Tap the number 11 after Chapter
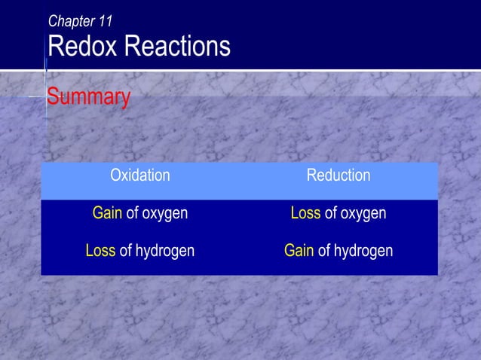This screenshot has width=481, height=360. pyautogui.click(x=106, y=20)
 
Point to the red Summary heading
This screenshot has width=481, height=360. pyautogui.click(x=89, y=97)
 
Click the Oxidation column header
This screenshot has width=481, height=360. pyautogui.click(x=140, y=175)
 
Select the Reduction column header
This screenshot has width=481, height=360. pyautogui.click(x=338, y=175)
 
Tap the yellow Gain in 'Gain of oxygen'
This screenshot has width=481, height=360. pyautogui.click(x=107, y=213)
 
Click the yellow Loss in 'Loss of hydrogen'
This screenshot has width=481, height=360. pyautogui.click(x=100, y=250)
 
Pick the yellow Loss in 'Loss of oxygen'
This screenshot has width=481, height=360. pyautogui.click(x=305, y=213)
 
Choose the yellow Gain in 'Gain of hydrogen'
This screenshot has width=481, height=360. pyautogui.click(x=299, y=250)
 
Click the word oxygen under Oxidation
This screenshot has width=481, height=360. pyautogui.click(x=164, y=214)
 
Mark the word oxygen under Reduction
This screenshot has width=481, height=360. pyautogui.click(x=363, y=214)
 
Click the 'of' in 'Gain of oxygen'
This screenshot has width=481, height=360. pyautogui.click(x=132, y=213)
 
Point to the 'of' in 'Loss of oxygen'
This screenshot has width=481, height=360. pyautogui.click(x=330, y=213)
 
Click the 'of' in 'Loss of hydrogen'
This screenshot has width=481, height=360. pyautogui.click(x=125, y=250)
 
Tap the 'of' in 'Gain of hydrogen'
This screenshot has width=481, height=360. pyautogui.click(x=324, y=250)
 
